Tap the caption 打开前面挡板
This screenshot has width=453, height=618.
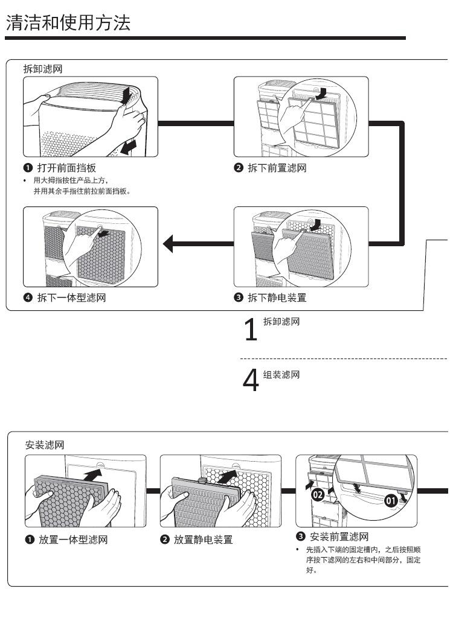[67, 168]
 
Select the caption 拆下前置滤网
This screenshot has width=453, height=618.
[277, 168]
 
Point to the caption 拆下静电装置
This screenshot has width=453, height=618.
[277, 298]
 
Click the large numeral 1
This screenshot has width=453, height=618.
[250, 330]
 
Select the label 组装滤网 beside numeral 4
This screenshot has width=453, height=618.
[281, 375]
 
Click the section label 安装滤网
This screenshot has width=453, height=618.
[45, 445]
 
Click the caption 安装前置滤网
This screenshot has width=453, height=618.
[339, 536]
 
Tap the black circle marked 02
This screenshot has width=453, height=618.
[318, 494]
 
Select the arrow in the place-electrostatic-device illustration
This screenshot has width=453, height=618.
[228, 477]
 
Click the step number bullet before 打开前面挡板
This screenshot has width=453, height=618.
[28, 168]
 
